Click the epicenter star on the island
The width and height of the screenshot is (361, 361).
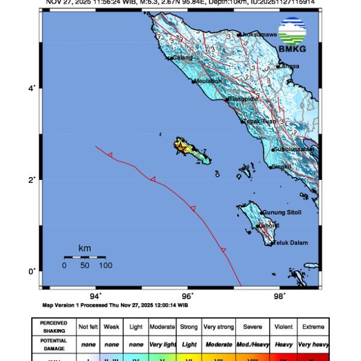pos(180,146)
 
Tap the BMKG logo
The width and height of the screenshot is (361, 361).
pos(292,34)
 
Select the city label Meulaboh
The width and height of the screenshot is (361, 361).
pos(208,81)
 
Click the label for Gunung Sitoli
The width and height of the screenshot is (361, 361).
pos(282,212)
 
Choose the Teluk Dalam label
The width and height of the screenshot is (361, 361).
pos(290,243)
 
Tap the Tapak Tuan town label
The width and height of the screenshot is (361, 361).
pos(260,122)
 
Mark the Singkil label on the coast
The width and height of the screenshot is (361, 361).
pos(281,167)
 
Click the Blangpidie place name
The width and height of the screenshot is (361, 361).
pos(244,99)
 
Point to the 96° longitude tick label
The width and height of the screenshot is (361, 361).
pos(188,295)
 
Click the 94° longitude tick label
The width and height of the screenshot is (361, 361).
pos(96,295)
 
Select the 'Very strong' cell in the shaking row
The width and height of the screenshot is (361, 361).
pos(218,327)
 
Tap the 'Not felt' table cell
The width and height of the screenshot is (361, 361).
pos(87,327)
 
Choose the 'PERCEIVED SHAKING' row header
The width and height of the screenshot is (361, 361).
pos(54,327)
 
